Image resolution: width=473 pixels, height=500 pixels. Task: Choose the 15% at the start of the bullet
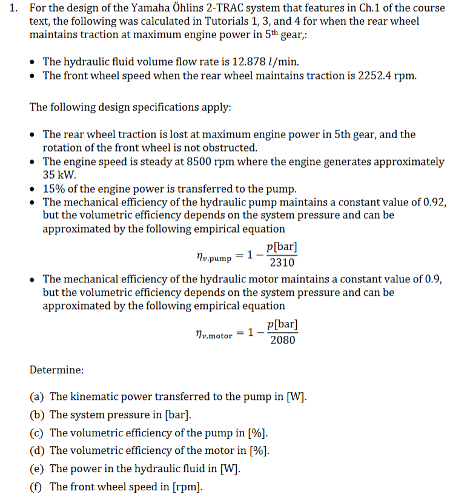[x=53, y=188]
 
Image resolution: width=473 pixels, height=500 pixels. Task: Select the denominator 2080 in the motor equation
[x=282, y=339]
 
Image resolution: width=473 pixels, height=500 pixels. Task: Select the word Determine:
[x=57, y=370]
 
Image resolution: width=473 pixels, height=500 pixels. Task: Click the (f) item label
[x=36, y=487]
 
